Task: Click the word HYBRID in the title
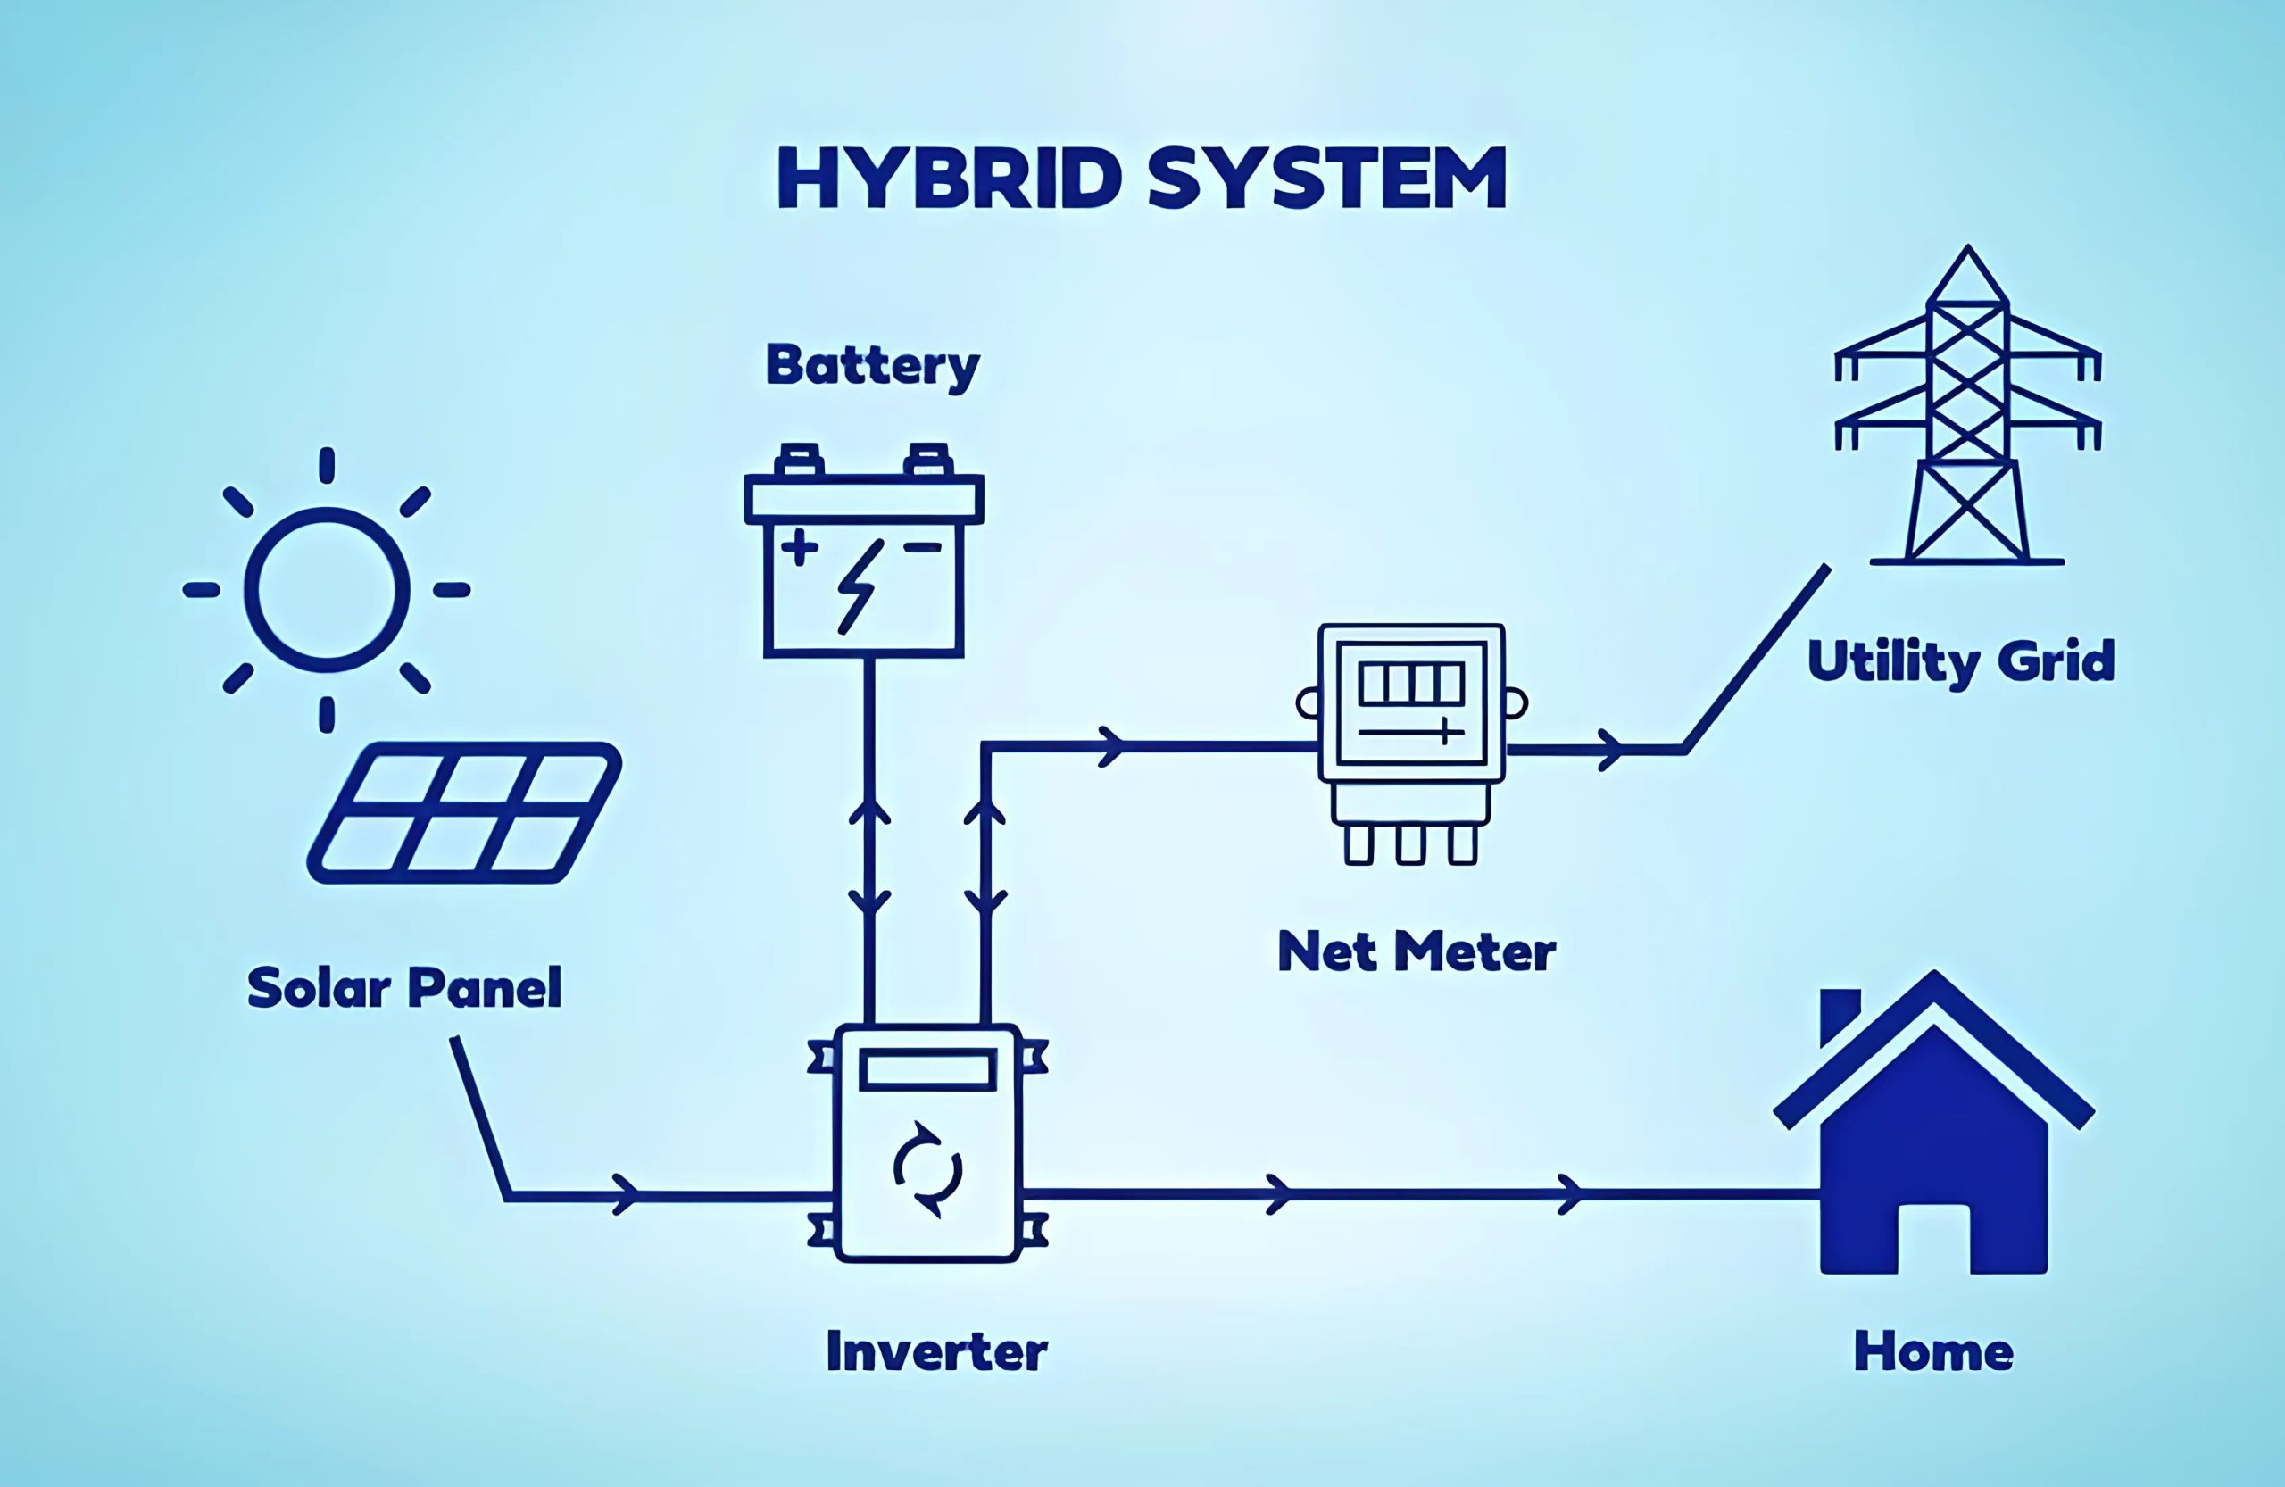[949, 179]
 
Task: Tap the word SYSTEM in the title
[1325, 179]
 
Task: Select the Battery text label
[872, 366]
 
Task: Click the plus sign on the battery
[799, 547]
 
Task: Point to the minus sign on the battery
[923, 547]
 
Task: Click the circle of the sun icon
[327, 589]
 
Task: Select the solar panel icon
[465, 812]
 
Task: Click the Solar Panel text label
[404, 988]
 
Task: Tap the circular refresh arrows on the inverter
[927, 1169]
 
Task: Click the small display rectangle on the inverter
[926, 1069]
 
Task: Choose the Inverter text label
[936, 1351]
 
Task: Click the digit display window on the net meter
[1411, 685]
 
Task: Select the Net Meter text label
[1417, 952]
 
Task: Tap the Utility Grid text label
[1960, 661]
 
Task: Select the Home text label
[1932, 1351]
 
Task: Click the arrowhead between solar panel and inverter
[626, 1194]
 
